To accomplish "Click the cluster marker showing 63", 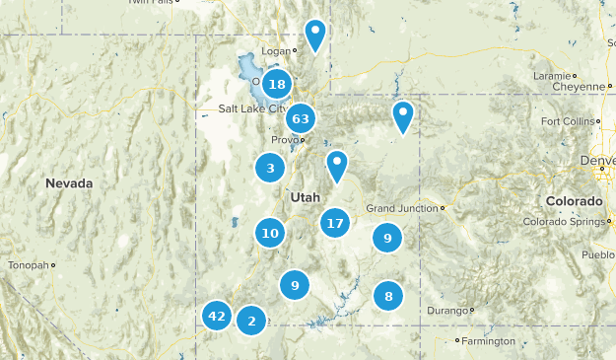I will tap(301, 119).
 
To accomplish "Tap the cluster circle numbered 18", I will tap(277, 85).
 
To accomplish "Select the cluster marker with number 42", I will tap(217, 317).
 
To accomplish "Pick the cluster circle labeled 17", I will tap(335, 223).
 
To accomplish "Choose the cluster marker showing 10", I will tap(270, 234).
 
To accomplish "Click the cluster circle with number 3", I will tap(270, 169).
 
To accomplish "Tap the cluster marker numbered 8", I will tap(389, 296).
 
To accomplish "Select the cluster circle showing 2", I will tap(252, 321).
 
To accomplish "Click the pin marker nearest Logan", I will tap(315, 35).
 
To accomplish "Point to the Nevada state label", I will tap(69, 183).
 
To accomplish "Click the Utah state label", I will tap(305, 197).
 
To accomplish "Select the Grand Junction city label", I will tap(403, 208).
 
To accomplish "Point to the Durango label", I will tap(446, 311).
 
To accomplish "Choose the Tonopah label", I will tap(27, 265).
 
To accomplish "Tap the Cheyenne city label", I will tap(580, 86).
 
